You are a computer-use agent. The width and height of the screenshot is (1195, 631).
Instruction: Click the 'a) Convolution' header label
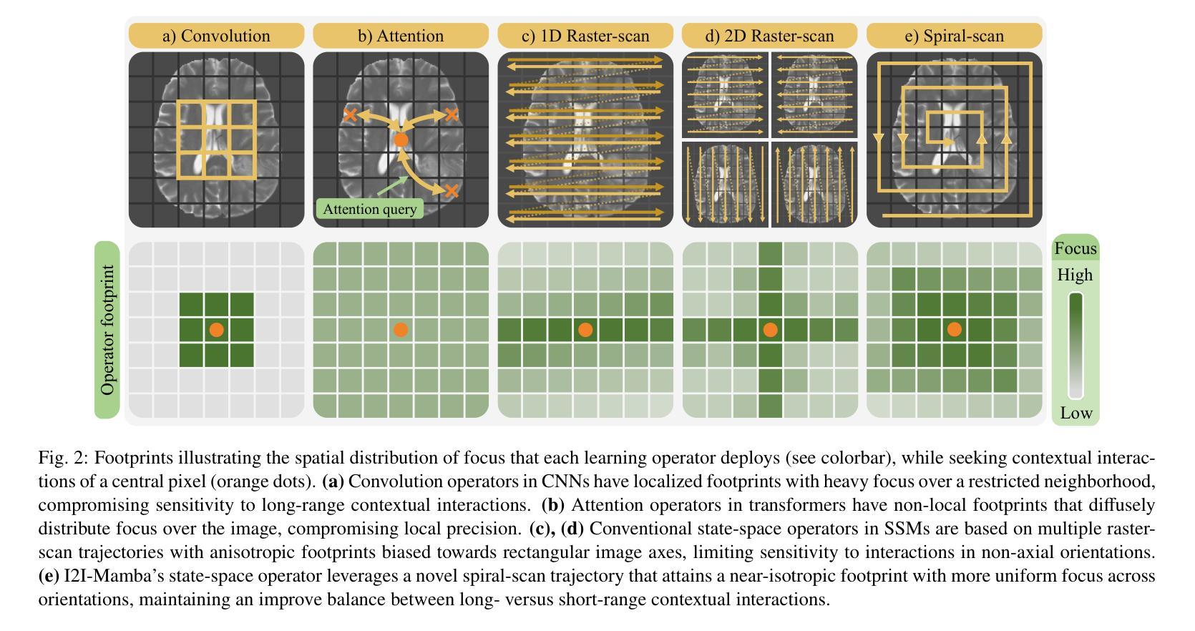pos(216,36)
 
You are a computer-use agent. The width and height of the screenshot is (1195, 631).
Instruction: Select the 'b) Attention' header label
pos(401,36)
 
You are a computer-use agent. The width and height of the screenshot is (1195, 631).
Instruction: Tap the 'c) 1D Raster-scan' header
pos(585,36)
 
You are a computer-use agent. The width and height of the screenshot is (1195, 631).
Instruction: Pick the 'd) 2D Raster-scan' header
pos(769,36)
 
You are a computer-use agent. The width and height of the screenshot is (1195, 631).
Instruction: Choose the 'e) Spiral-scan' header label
pos(955,36)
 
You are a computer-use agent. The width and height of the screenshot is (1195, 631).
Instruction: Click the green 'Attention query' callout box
pos(370,209)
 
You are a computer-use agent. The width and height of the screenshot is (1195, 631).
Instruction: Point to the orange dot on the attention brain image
pos(401,140)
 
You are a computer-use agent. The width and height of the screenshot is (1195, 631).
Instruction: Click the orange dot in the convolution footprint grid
pos(216,330)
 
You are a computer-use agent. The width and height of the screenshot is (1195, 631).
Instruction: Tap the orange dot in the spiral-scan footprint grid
pos(955,330)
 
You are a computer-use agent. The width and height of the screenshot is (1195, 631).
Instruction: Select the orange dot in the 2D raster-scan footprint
pos(770,330)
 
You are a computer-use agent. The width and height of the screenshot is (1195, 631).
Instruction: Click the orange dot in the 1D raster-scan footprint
pos(585,330)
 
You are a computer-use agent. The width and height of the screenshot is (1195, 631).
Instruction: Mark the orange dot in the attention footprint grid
pos(401,330)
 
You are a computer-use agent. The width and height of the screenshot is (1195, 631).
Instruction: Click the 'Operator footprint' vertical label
pos(107,330)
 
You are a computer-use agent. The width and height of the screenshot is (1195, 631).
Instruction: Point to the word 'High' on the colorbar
pos(1075,275)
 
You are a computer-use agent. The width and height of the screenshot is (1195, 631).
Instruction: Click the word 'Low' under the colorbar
pos(1076,413)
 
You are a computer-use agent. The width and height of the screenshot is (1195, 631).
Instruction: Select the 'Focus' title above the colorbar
pos(1075,248)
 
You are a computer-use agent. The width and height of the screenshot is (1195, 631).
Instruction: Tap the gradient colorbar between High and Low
pos(1075,345)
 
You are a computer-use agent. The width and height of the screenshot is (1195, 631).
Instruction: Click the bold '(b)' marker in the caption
pos(552,505)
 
